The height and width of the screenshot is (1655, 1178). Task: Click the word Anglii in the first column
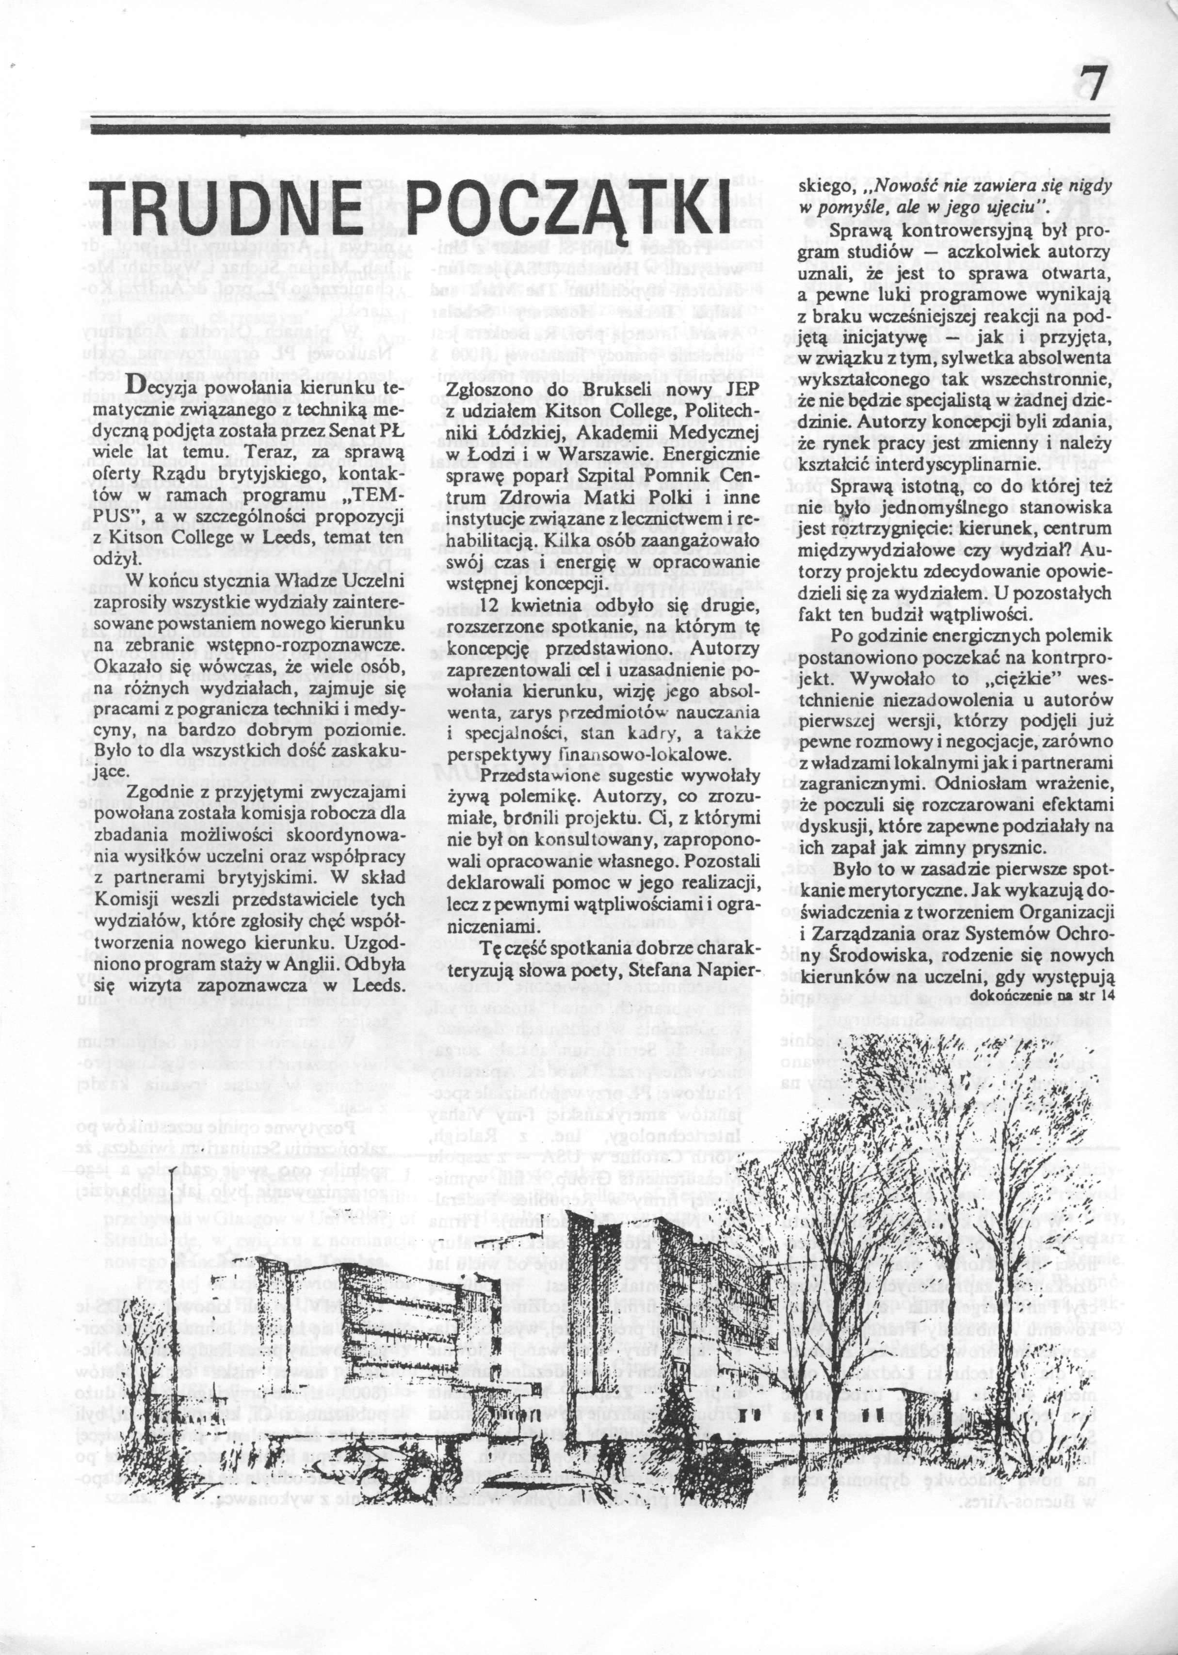(x=294, y=966)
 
